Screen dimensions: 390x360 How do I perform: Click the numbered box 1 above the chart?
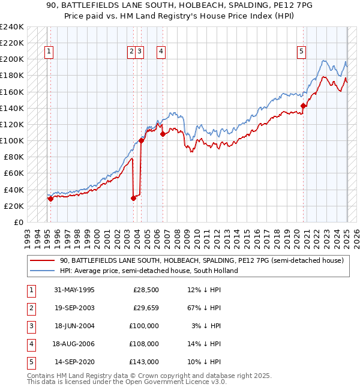click(48, 52)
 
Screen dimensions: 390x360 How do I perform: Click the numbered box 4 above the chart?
click(162, 52)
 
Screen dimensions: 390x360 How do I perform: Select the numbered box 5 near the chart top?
click(301, 52)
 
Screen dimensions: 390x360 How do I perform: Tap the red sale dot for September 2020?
click(304, 106)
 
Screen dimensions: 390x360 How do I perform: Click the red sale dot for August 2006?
click(163, 134)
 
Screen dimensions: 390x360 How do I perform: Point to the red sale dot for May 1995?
click(50, 199)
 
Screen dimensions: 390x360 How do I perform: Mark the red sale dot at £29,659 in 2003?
click(133, 198)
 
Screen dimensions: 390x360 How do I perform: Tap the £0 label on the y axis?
click(18, 222)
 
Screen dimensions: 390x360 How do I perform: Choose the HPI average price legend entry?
click(148, 271)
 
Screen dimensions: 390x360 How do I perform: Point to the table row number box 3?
click(31, 326)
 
